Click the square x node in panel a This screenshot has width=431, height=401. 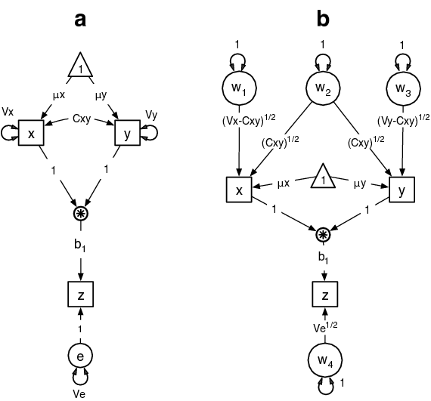[x=31, y=133]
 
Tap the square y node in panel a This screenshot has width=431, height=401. [x=127, y=133]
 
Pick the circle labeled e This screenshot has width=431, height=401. [x=79, y=355]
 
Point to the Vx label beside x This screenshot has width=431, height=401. [x=8, y=111]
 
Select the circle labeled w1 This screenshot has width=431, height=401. [x=239, y=89]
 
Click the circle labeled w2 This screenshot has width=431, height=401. [x=323, y=91]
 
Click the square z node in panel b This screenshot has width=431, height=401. [x=323, y=292]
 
